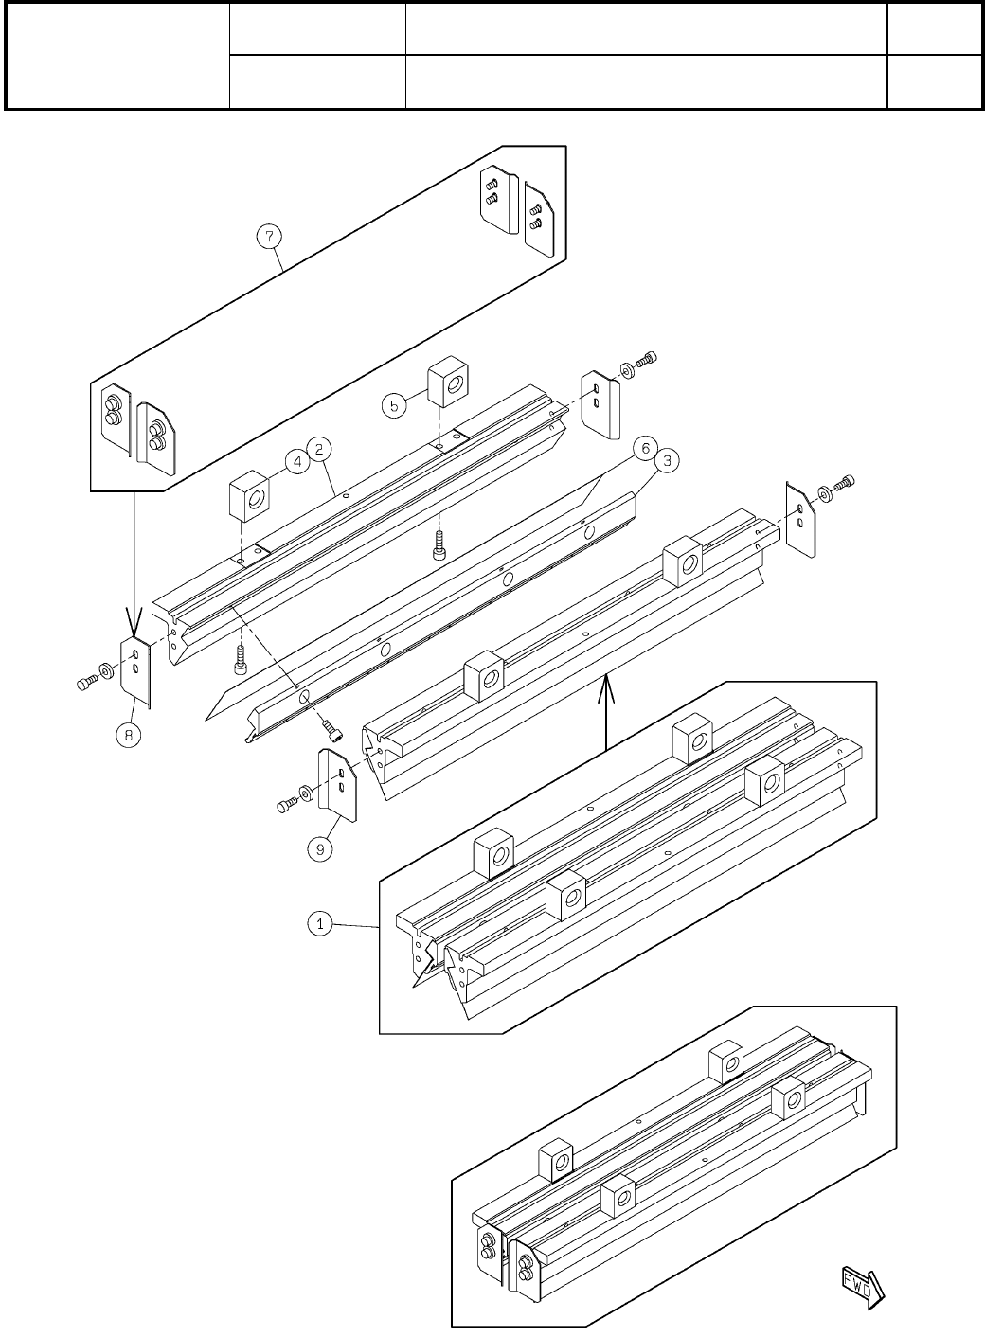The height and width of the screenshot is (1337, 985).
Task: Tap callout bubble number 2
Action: pyautogui.click(x=321, y=448)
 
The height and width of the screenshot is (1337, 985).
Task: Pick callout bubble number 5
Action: pyautogui.click(x=395, y=405)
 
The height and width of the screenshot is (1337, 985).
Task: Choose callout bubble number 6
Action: pyautogui.click(x=643, y=450)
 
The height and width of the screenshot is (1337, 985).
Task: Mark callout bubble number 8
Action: pyautogui.click(x=130, y=734)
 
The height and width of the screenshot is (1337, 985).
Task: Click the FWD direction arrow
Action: pyautogui.click(x=861, y=1284)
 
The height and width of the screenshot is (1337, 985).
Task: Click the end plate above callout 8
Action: pyautogui.click(x=136, y=668)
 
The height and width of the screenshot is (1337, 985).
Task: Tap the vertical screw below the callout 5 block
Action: pyautogui.click(x=439, y=545)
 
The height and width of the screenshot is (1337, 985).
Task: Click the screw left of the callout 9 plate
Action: pyautogui.click(x=286, y=805)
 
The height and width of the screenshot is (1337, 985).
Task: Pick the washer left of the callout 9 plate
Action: pyautogui.click(x=306, y=793)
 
